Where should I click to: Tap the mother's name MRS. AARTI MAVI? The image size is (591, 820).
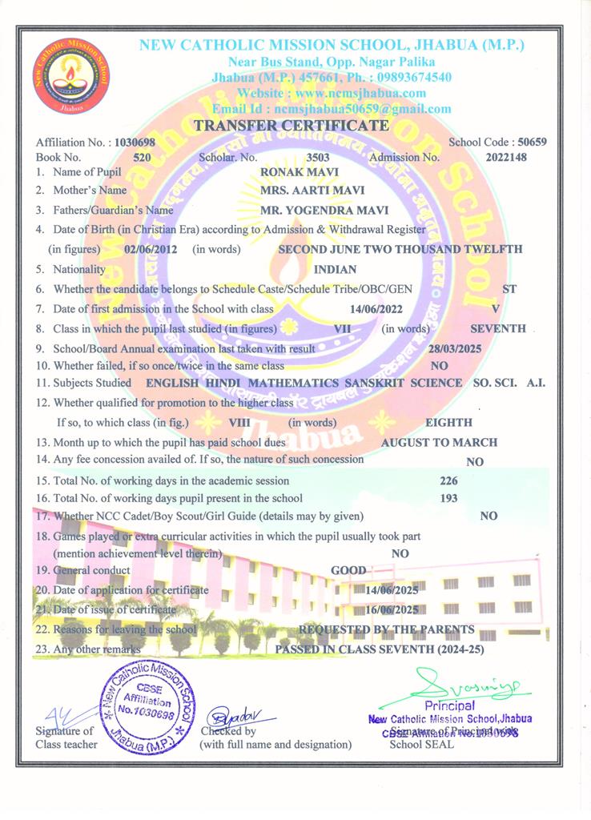pos(312,191)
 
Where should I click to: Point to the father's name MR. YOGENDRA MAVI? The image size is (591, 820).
pos(324,211)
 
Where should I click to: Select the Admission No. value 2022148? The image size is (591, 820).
pos(506,158)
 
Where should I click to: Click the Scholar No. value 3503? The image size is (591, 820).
pos(318,158)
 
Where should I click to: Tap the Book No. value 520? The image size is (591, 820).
pos(142,158)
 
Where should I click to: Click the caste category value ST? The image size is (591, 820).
pos(509,289)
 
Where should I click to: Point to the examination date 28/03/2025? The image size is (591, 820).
pos(456,349)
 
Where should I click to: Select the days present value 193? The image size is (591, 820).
pos(449,498)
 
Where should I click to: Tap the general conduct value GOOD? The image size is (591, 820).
pos(348,570)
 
